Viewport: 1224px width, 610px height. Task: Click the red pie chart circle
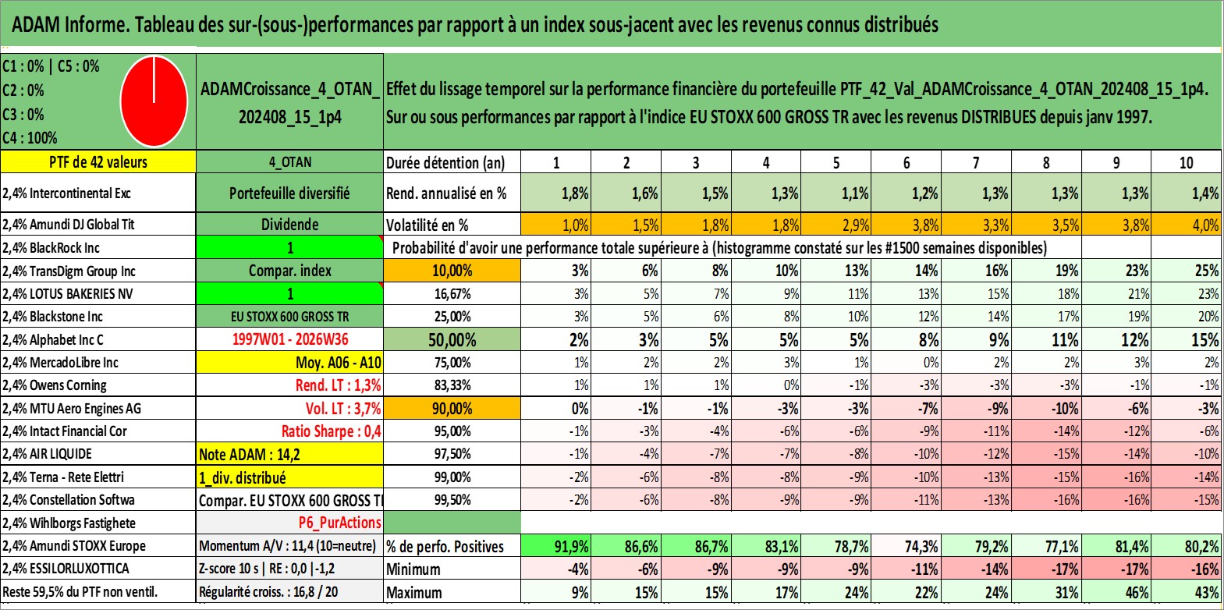(154, 101)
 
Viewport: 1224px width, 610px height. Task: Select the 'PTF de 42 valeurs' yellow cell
(98, 161)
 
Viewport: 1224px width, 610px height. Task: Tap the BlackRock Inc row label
(51, 248)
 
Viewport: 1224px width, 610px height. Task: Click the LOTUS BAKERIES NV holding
(68, 294)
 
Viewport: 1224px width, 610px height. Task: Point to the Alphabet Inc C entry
(52, 340)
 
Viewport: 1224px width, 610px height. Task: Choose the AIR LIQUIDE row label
(47, 454)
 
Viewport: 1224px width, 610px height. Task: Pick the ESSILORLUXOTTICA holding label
(66, 569)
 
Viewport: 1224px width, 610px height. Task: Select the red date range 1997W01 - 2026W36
(290, 339)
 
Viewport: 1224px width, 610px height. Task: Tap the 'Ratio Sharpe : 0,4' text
(331, 431)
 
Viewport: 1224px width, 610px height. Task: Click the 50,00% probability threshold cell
(452, 339)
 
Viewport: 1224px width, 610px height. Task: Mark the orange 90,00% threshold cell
(452, 408)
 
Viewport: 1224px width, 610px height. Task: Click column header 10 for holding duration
(1186, 162)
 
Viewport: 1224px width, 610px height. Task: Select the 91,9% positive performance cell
(555, 546)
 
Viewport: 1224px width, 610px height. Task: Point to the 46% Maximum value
(1116, 592)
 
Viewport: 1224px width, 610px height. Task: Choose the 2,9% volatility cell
(836, 225)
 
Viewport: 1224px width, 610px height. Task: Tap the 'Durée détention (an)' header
(445, 162)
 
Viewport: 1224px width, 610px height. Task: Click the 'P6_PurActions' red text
(340, 523)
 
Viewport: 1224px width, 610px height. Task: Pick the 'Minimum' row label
(413, 569)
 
